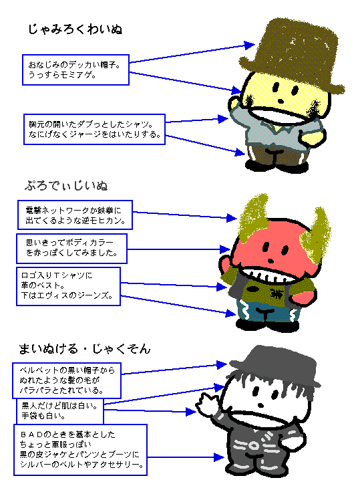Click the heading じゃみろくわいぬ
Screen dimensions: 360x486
(75, 29)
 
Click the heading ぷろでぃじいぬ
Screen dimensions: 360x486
(66, 185)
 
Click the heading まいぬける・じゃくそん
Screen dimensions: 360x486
(85, 349)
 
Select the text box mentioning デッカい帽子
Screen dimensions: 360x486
(75, 70)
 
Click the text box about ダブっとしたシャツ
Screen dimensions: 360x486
(94, 129)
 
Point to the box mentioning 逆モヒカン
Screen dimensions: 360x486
(75, 215)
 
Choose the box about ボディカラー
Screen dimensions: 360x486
(72, 249)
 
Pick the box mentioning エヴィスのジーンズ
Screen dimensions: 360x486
(68, 286)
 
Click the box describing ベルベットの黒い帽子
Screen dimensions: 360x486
(67, 380)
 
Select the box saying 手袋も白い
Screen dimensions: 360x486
(59, 410)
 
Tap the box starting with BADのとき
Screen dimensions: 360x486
(80, 450)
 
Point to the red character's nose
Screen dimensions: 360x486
(271, 261)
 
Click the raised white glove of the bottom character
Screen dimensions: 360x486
(207, 402)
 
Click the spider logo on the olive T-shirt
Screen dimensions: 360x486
(275, 292)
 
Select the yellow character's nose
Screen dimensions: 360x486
(281, 101)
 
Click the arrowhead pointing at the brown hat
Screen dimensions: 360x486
(250, 45)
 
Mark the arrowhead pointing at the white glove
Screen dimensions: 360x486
(191, 412)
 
